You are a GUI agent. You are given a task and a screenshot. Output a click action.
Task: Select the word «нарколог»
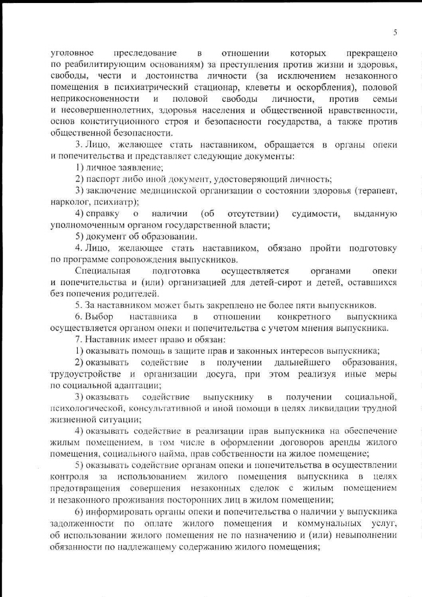pyautogui.click(x=68, y=202)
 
